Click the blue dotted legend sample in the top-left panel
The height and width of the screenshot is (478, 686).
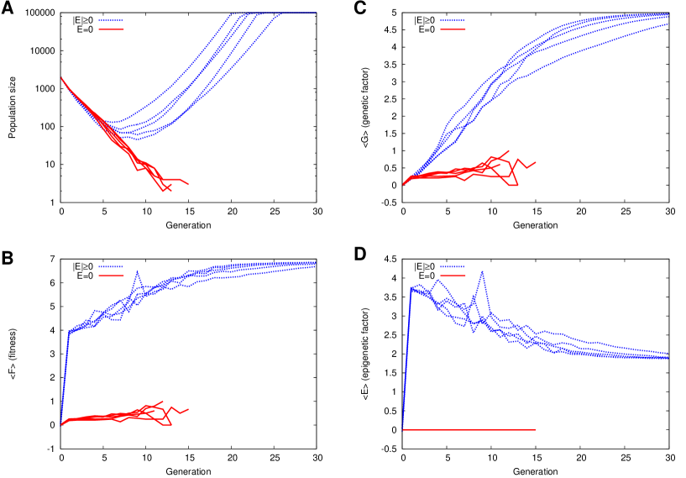click(x=111, y=20)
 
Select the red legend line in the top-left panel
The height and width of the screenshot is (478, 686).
click(x=111, y=29)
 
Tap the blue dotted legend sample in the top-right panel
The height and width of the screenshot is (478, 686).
click(x=453, y=20)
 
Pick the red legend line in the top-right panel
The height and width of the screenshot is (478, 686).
click(x=453, y=29)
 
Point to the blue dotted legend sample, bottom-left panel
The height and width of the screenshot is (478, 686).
click(x=111, y=266)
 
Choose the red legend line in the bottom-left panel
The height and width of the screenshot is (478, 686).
click(x=111, y=276)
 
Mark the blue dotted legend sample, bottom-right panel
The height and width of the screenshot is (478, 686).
click(x=453, y=266)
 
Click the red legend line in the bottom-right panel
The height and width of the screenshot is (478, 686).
click(x=453, y=276)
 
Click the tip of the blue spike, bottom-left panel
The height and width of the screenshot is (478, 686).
click(x=139, y=271)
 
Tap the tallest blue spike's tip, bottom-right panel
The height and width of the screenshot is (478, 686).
click(x=482, y=271)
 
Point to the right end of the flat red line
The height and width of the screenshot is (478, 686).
click(x=535, y=429)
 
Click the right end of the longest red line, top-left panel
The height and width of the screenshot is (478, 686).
click(x=188, y=184)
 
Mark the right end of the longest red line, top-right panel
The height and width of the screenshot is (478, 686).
click(x=536, y=161)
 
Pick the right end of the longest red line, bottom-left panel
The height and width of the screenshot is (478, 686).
click(x=188, y=409)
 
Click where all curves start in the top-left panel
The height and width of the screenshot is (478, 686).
click(x=61, y=78)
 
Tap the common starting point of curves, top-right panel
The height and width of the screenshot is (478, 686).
click(x=404, y=184)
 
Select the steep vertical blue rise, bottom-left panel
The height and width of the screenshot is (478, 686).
click(x=65, y=378)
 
